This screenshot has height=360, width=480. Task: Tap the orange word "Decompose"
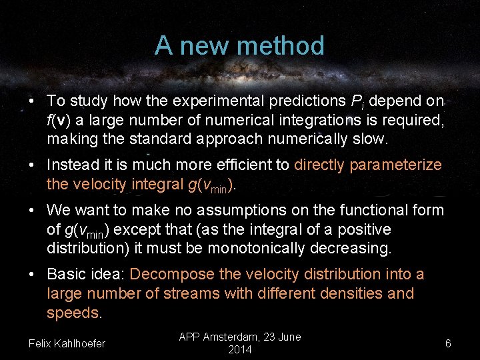(173, 275)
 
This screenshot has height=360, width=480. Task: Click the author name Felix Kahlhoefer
(67, 343)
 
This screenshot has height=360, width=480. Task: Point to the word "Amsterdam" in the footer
(235, 337)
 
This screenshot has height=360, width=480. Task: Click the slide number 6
(448, 343)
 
